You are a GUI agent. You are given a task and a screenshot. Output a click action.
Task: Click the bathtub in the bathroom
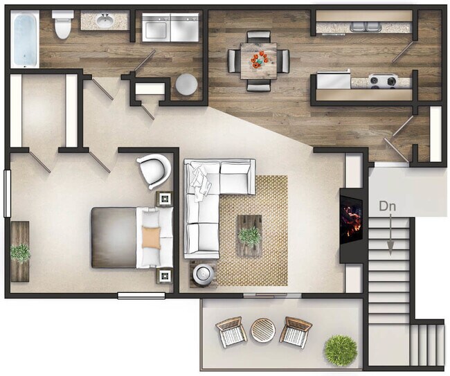click(25, 39)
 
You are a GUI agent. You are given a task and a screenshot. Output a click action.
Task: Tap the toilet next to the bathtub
click(63, 26)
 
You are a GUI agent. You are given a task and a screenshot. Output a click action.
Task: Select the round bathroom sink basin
click(105, 21)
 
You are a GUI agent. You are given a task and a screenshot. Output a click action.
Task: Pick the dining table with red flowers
click(259, 60)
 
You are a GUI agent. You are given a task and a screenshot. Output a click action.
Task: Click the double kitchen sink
click(366, 27)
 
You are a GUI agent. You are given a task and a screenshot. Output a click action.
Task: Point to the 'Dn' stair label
click(388, 206)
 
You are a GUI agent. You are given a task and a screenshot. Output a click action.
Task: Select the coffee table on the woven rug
click(249, 235)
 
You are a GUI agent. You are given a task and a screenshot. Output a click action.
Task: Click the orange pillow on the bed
click(152, 238)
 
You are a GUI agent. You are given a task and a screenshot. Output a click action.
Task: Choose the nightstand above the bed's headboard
click(164, 199)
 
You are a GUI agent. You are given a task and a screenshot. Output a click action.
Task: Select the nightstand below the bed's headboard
click(164, 275)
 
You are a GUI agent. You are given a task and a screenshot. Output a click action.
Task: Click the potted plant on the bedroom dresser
click(21, 253)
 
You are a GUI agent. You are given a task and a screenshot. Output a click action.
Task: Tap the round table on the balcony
click(263, 330)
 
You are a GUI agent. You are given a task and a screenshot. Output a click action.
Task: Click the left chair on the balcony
click(231, 332)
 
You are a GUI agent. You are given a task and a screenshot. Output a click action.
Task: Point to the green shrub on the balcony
click(341, 350)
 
